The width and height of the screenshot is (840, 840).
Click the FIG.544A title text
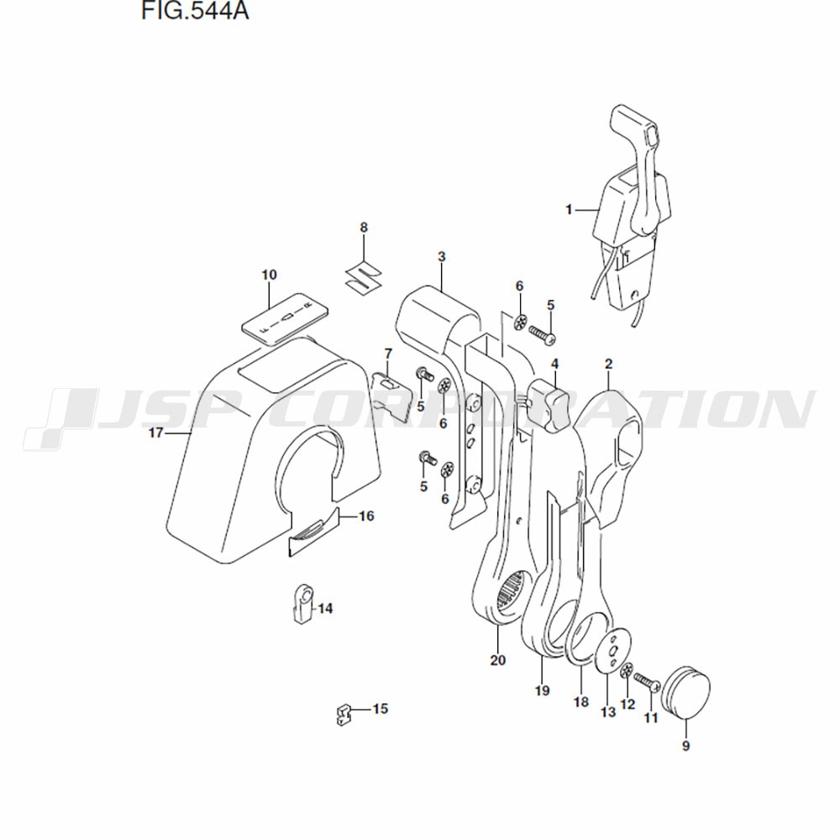(195, 10)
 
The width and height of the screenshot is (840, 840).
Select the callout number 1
(569, 209)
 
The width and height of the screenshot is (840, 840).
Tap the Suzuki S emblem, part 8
(363, 277)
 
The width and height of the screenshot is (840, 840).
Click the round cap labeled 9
(685, 692)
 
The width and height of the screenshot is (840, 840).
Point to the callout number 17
(155, 432)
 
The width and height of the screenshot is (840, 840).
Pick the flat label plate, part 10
(285, 318)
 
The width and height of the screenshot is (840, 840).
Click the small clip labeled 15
(343, 715)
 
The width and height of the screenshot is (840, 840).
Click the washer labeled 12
(627, 670)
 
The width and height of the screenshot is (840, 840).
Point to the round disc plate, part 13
(613, 649)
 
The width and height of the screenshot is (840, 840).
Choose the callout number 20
(497, 660)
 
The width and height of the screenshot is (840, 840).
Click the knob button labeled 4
(548, 405)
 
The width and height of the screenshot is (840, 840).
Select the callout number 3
(442, 256)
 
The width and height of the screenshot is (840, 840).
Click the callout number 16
(366, 516)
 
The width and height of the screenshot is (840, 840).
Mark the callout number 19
(542, 690)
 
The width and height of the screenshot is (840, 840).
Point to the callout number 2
(608, 364)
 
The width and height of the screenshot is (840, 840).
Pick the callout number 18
(580, 701)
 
